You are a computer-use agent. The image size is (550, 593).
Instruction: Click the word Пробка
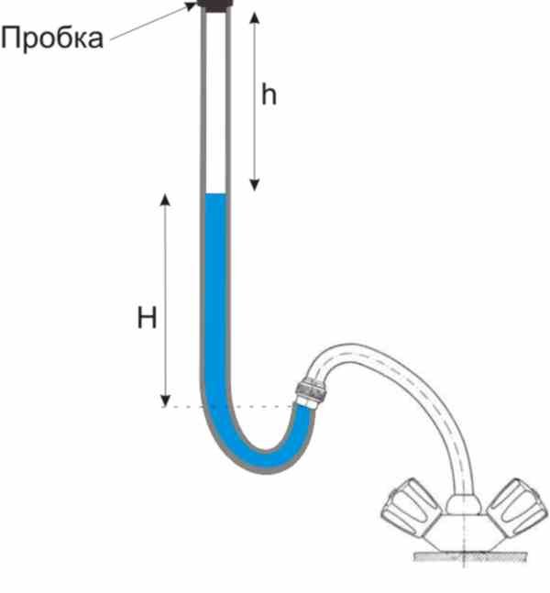click(52, 38)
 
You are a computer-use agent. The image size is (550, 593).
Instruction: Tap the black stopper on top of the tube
click(215, 5)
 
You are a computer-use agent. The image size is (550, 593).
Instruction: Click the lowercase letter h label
click(269, 94)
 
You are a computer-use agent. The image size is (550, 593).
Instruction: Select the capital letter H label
click(147, 318)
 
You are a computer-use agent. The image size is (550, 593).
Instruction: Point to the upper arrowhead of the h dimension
click(255, 17)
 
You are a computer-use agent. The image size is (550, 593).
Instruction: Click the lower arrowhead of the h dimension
click(255, 185)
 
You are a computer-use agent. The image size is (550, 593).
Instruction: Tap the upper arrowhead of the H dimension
click(165, 199)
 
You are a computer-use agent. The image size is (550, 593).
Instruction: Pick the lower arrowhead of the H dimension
click(165, 401)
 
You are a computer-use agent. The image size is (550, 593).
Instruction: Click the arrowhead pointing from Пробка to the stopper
click(191, 6)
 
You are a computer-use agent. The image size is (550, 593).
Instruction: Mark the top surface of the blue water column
click(215, 194)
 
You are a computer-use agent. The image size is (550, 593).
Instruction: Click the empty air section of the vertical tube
click(215, 102)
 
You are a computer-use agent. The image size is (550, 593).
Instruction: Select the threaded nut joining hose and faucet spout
click(311, 390)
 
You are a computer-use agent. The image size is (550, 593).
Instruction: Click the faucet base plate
click(470, 556)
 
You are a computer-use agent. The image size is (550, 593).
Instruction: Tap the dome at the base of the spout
click(464, 504)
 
